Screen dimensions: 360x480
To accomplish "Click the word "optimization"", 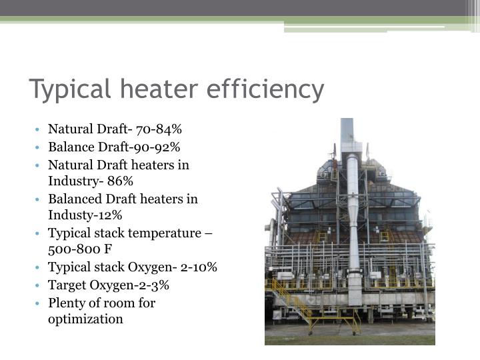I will tap(85, 319).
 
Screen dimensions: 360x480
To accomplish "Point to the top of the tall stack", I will tap(347, 122).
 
